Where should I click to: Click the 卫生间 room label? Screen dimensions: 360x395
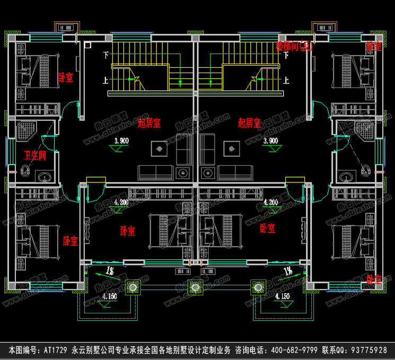coord(34,155)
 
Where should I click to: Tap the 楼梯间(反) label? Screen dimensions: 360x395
coord(295,47)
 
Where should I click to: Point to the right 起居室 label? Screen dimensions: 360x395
coord(249,123)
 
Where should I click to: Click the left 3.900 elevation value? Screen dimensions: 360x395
coord(122,141)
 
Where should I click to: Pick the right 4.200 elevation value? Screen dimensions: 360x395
coord(271,203)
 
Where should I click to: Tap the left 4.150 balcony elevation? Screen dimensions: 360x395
coord(109,296)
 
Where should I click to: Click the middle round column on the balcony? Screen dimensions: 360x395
coord(196,287)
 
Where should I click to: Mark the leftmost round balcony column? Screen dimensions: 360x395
coord(132,287)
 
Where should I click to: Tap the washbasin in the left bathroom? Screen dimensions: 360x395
coord(43,176)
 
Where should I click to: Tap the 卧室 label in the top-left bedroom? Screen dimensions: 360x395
coord(66,77)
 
